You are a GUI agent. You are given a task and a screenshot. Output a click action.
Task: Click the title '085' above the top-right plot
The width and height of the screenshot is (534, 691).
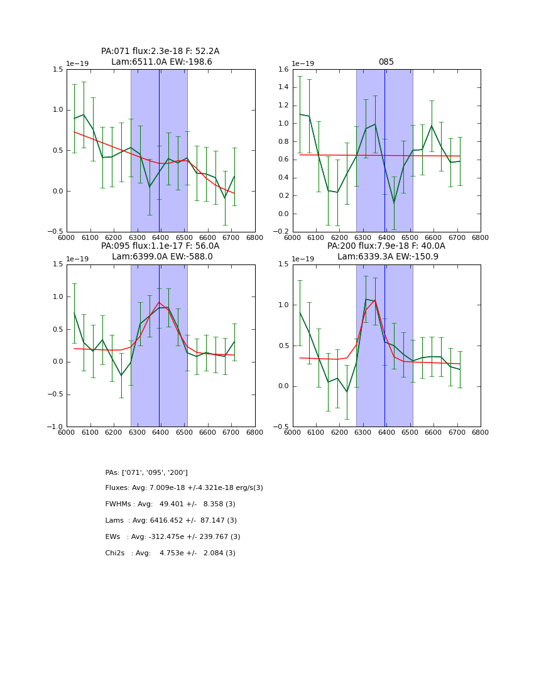(386, 62)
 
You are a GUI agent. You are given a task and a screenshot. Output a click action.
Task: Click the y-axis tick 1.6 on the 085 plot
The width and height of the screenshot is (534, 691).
(282, 70)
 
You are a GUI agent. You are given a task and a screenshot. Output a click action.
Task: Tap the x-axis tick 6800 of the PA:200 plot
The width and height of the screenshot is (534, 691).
(481, 433)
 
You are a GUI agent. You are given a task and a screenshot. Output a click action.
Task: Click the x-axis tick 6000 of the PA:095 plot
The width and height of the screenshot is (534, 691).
(67, 433)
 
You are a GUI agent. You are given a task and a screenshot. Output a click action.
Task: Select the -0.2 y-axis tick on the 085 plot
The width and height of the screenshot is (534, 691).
(281, 232)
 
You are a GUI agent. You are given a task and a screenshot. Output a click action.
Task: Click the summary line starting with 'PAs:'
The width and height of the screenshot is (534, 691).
(146, 472)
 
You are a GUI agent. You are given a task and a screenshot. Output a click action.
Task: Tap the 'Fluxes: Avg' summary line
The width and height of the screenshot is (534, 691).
(184, 488)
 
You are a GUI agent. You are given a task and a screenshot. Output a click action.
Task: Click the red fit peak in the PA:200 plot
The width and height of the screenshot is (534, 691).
(375, 300)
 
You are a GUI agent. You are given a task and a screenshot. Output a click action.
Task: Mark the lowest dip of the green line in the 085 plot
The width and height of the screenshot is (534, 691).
(394, 202)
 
